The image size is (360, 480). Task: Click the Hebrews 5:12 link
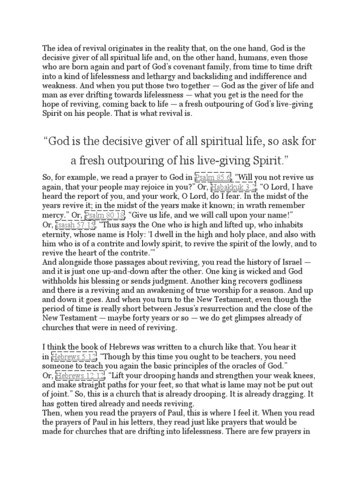click(69, 357)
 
